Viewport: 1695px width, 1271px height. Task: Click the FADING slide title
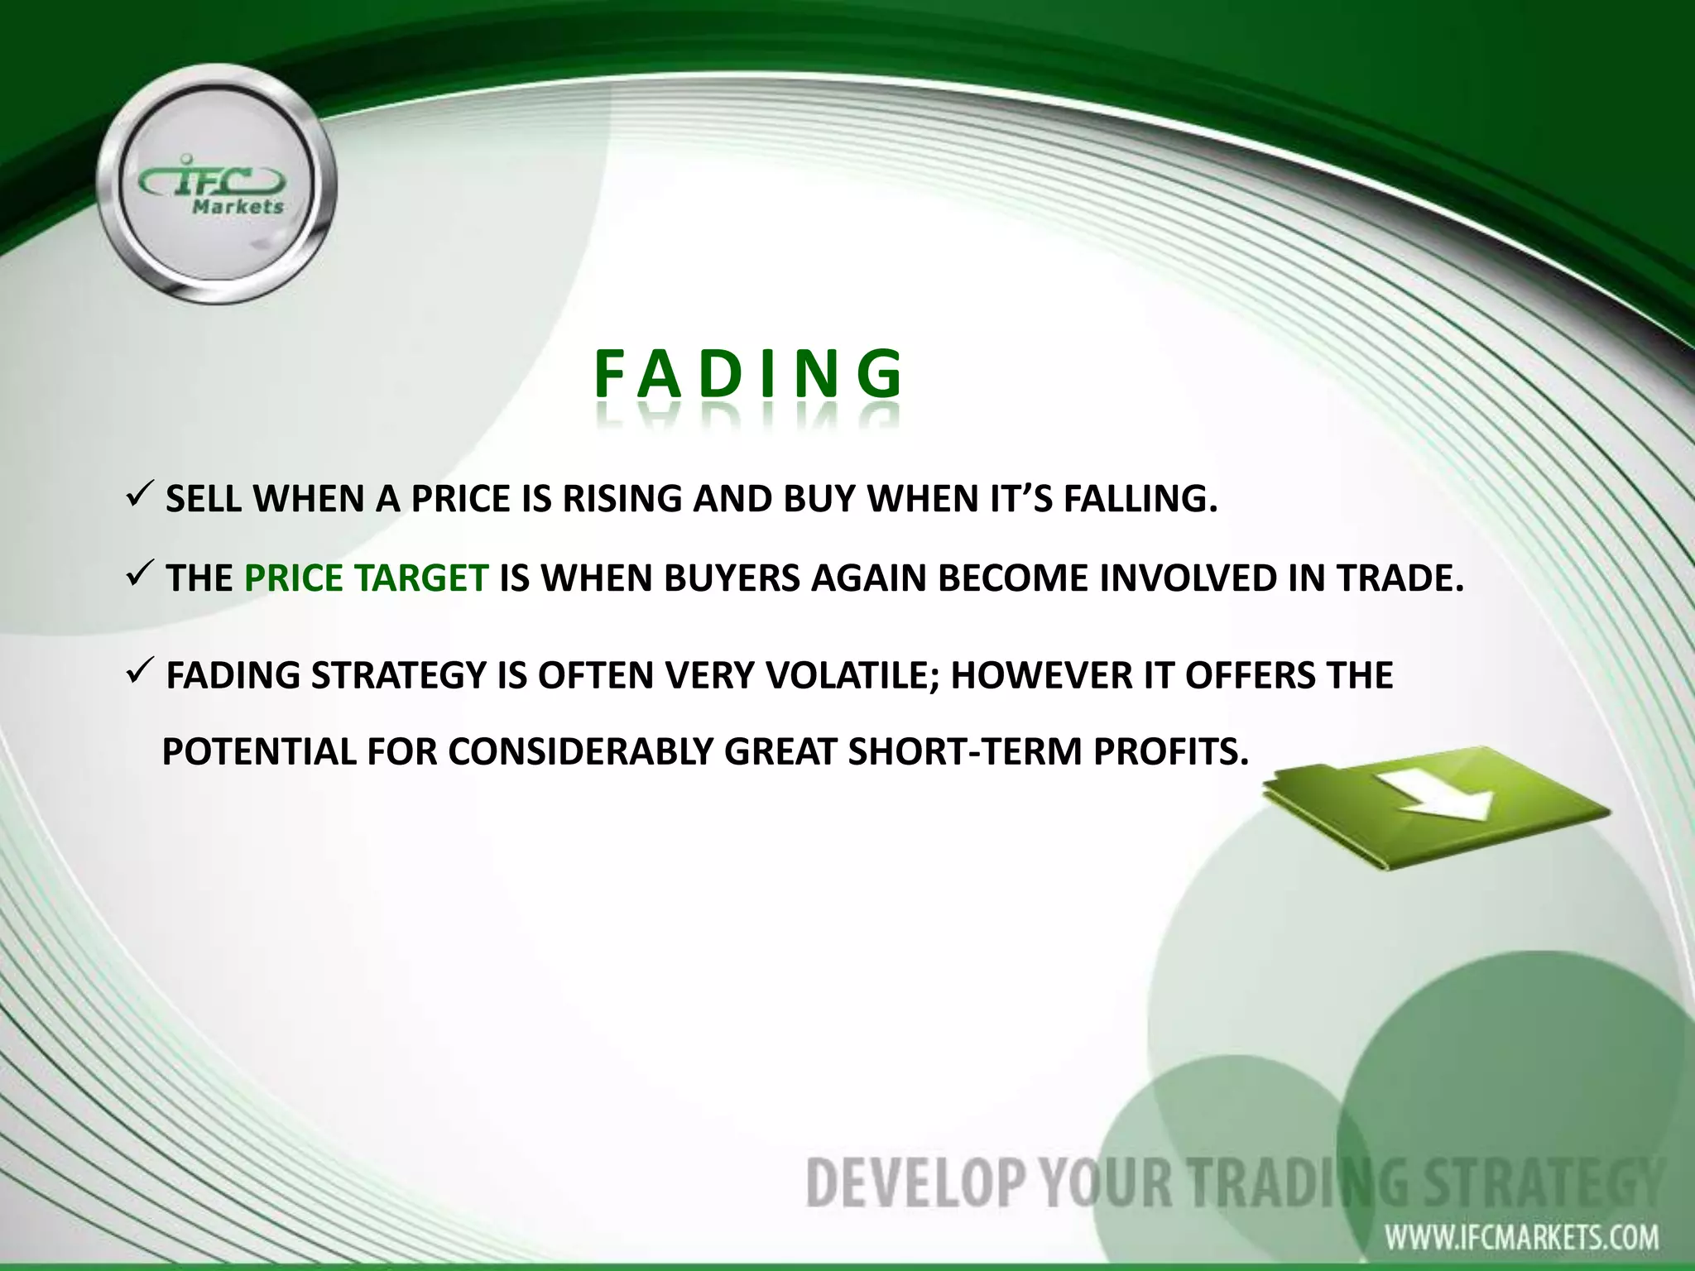click(748, 374)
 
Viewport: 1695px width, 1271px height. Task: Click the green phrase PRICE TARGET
click(366, 578)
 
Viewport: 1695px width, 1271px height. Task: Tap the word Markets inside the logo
click(238, 207)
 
